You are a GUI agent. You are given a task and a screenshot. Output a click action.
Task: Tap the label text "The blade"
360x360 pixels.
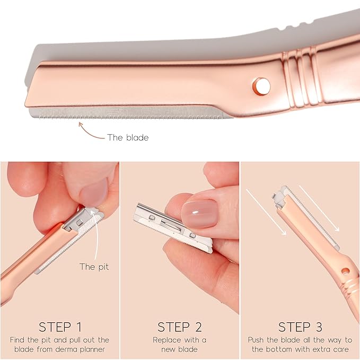tap(128, 137)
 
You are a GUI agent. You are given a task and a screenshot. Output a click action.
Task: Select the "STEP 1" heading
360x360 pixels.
tap(60, 327)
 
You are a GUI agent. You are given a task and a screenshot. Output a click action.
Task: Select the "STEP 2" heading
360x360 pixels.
tap(180, 327)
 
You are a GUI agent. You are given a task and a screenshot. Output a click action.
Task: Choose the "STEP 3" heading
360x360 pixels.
tap(300, 327)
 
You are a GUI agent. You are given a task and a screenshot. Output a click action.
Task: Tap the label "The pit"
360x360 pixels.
tap(94, 267)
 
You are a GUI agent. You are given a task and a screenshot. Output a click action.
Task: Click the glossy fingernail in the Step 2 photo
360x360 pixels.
tap(200, 214)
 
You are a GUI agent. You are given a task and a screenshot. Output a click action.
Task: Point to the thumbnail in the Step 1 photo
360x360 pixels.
tap(94, 192)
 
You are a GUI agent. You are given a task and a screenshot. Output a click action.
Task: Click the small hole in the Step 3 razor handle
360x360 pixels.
tap(345, 271)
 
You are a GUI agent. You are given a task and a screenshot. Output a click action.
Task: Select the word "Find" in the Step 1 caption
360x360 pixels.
tap(17, 340)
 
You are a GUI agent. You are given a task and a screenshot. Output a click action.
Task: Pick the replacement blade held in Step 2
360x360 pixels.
tap(173, 227)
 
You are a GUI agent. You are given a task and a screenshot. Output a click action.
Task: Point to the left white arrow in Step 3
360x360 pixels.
tap(266, 212)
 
